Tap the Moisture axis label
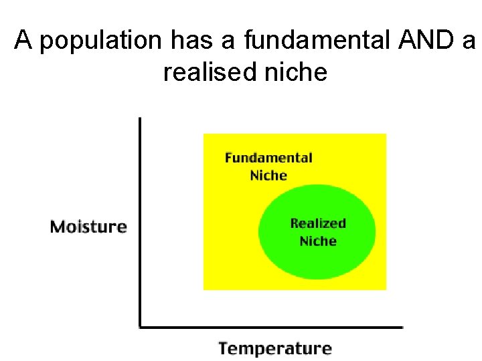(x=88, y=227)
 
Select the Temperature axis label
(x=274, y=348)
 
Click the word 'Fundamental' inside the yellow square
(x=268, y=158)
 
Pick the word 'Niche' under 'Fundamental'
(x=268, y=175)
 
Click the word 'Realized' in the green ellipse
(x=318, y=223)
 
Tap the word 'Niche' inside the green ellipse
(x=318, y=241)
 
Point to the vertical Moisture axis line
(x=139, y=221)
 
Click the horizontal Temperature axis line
(x=268, y=327)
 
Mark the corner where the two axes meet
(x=140, y=327)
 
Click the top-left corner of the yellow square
(x=204, y=134)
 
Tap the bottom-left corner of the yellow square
(x=204, y=289)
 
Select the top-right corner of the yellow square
(x=386, y=134)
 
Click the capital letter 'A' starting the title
(x=23, y=41)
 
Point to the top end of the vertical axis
(x=139, y=119)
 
